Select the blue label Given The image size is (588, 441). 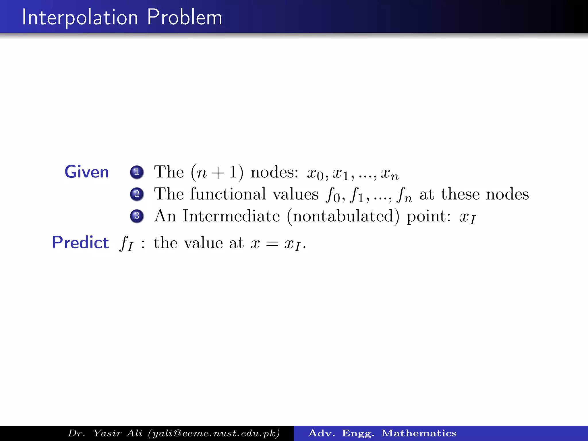[87, 172]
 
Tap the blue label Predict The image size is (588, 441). [80, 242]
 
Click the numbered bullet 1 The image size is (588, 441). [137, 172]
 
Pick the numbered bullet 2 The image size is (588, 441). [137, 194]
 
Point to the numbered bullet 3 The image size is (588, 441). [137, 216]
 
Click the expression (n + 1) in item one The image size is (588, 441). [217, 173]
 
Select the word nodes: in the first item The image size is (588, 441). [274, 173]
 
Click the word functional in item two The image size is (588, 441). [228, 194]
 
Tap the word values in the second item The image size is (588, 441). [295, 194]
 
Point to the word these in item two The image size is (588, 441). [460, 194]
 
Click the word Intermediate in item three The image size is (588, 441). [231, 216]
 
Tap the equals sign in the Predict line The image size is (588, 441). [272, 244]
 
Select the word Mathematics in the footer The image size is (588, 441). [419, 433]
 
